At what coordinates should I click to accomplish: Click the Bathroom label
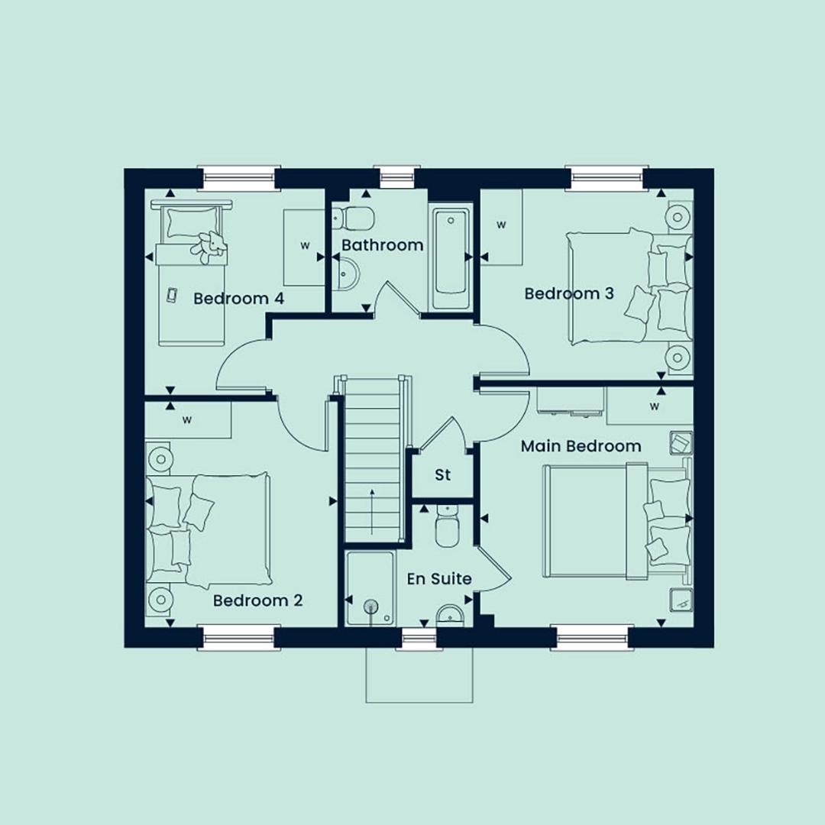coord(383,245)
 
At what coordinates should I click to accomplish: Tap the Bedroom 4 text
coord(239,299)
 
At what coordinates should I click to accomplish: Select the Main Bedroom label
coord(581,446)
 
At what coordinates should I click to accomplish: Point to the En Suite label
coord(439,579)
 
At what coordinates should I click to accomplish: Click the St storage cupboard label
coord(443,474)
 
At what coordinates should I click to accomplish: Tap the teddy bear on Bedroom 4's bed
coord(209,246)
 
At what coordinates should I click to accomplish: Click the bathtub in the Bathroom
coord(451,260)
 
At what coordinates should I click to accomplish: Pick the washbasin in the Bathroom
coord(345,273)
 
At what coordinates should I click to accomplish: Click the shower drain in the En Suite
coord(371,607)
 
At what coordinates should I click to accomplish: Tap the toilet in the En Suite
coord(448,526)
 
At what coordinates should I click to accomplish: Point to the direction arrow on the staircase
coord(373,511)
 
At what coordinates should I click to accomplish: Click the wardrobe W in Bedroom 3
coord(501,225)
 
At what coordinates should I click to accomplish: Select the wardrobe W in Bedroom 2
coord(187,420)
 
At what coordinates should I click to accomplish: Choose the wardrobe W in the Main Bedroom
coord(655,406)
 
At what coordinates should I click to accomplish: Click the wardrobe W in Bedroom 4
coord(305,245)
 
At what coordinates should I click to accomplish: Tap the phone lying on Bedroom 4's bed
coord(172,295)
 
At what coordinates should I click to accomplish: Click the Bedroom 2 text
coord(258,601)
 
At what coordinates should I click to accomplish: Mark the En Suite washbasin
coord(450,615)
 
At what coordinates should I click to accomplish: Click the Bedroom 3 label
coord(569,293)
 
